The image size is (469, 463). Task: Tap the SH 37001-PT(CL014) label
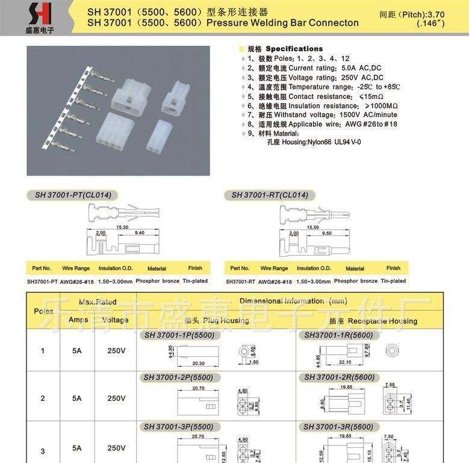coord(72,195)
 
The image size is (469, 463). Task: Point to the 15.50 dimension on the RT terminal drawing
coord(312,227)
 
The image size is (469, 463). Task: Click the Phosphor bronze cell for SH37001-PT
coord(157,281)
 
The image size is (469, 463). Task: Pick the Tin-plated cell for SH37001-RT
coord(393,281)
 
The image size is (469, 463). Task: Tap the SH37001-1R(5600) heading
coord(339,335)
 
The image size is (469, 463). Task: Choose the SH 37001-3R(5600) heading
coord(339,426)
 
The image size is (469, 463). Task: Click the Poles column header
coord(43,311)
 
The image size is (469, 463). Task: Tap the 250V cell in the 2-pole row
coord(116,398)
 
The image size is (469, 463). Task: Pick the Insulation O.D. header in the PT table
coord(116,268)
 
